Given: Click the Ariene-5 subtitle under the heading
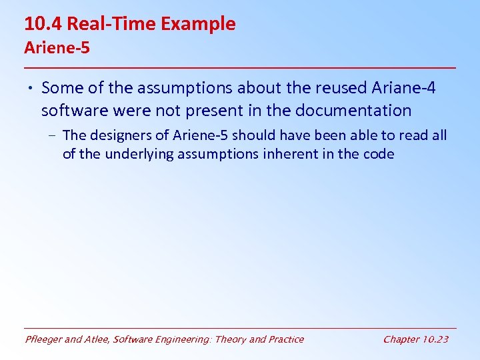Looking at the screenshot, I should click(x=57, y=48).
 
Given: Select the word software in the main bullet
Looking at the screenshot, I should click(x=71, y=109).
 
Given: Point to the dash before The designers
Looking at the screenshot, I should click(x=52, y=135).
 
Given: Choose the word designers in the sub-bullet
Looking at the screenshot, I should click(x=115, y=135).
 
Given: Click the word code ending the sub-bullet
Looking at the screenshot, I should click(x=380, y=154).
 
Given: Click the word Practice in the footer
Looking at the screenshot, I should click(x=285, y=339).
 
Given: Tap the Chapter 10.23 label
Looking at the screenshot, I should click(x=415, y=339).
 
